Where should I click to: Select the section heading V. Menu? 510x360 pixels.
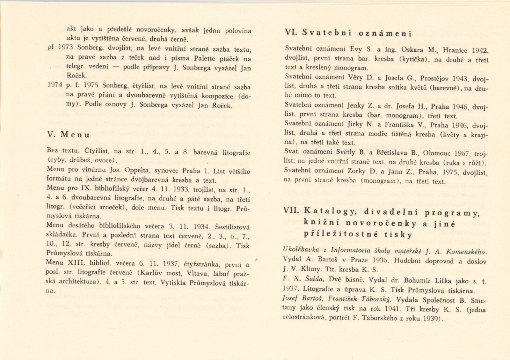(68, 135)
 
